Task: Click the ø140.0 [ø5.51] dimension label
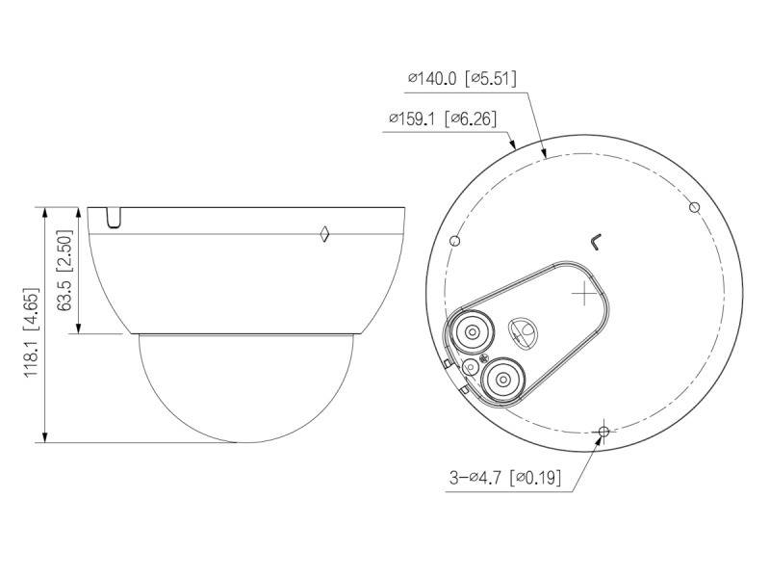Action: tap(462, 79)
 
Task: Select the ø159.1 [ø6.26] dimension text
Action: tap(443, 118)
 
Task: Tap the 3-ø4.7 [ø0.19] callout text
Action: tap(505, 477)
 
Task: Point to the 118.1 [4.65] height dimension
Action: tap(31, 332)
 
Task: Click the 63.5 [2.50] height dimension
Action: tap(64, 270)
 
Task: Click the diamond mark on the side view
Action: tap(324, 234)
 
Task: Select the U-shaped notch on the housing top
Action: tap(114, 218)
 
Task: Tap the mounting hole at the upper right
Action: tap(694, 207)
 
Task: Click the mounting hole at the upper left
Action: tap(455, 241)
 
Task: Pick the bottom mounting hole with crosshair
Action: tap(604, 432)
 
